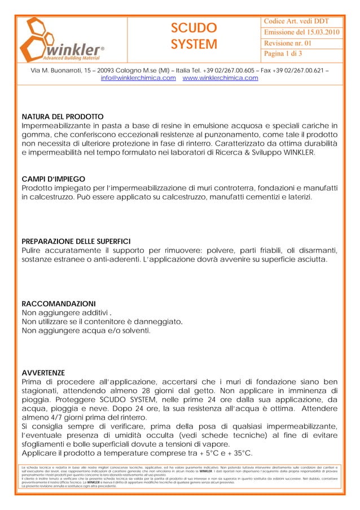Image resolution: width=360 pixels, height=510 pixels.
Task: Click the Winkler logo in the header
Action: pos(62,37)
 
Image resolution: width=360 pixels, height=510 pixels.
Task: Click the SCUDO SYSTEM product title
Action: pos(194,36)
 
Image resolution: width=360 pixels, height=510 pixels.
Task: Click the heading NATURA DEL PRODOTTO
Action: pos(62,116)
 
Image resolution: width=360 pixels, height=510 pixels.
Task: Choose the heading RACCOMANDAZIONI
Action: pos(58,303)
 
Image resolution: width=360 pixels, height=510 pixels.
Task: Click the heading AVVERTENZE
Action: pos(43,372)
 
